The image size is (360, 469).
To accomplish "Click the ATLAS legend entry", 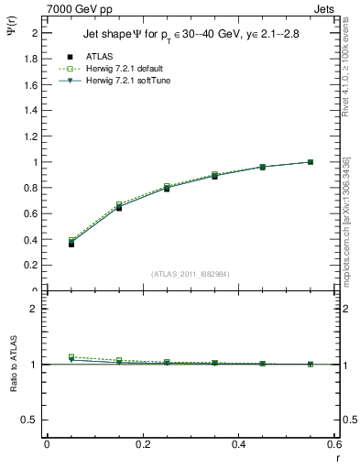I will coord(101,56).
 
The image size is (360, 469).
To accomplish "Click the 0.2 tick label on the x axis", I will coord(142,444).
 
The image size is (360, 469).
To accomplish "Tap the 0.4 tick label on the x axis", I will coord(238,444).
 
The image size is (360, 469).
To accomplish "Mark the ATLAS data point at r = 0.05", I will coord(71,244).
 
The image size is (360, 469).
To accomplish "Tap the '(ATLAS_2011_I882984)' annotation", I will coord(190,273).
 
